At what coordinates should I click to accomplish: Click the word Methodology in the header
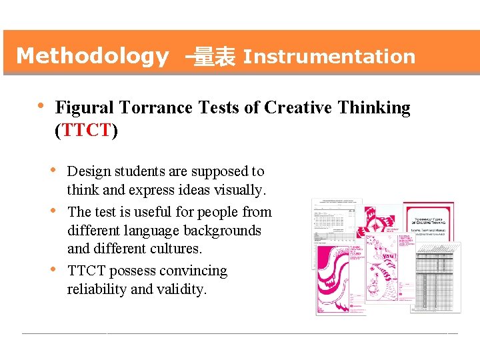pyautogui.click(x=92, y=56)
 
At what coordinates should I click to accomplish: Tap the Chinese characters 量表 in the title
pyautogui.click(x=214, y=57)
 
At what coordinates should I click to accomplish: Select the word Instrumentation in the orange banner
pyautogui.click(x=329, y=57)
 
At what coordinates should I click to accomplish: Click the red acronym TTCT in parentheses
pyautogui.click(x=86, y=129)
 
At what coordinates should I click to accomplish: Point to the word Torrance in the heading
pyautogui.click(x=149, y=107)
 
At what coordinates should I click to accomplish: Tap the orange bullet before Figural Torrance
pyautogui.click(x=41, y=106)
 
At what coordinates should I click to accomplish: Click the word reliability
pyautogui.click(x=97, y=289)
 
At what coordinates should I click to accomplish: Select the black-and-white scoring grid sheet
pyautogui.click(x=433, y=280)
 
